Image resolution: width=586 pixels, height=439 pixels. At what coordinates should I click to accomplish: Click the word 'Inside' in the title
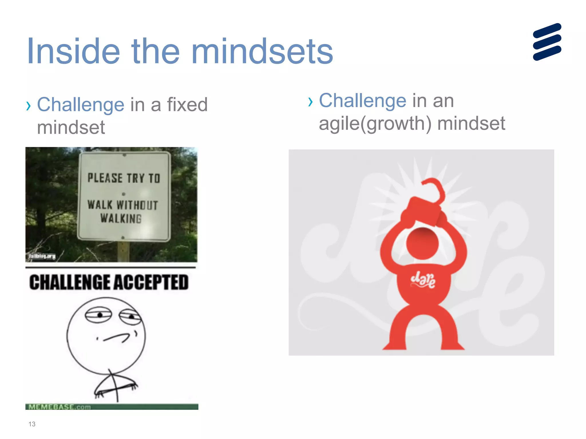[x=73, y=52]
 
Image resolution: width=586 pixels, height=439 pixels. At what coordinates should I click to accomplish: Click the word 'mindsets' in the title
[x=262, y=52]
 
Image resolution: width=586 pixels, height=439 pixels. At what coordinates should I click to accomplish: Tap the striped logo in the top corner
[x=547, y=42]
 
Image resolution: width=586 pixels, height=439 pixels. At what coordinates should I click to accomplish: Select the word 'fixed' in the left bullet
[x=187, y=105]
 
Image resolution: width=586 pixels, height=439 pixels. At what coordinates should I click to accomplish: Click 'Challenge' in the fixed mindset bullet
[x=81, y=105]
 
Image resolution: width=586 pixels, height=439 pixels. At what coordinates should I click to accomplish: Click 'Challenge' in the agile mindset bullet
[x=363, y=101]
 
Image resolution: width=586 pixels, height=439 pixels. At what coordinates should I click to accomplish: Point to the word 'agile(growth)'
[x=375, y=124]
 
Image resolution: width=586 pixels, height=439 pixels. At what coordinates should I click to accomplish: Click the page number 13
[x=32, y=424]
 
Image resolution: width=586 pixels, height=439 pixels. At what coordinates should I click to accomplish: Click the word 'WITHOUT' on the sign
[x=137, y=205]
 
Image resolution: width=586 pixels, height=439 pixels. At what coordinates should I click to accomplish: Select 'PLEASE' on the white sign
[x=105, y=178]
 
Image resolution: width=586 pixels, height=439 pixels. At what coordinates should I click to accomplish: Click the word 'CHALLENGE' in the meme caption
[x=70, y=282]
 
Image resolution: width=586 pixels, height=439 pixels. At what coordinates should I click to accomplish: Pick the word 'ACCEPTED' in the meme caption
[x=151, y=282]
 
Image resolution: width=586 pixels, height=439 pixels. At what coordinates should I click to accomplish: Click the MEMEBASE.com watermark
[x=60, y=407]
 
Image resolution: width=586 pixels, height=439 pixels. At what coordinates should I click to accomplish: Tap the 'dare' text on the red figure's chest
[x=423, y=280]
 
